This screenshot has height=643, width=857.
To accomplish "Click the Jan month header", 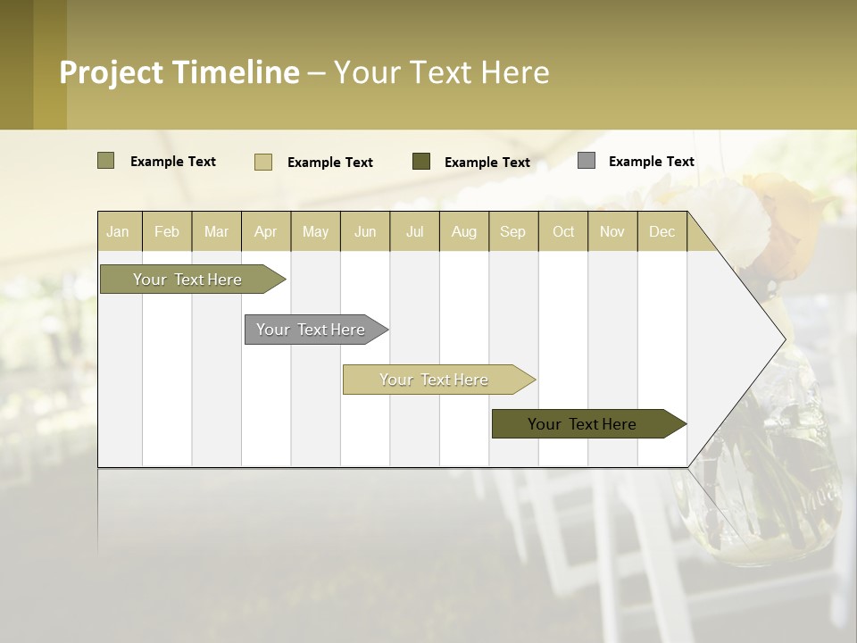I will point(118,231).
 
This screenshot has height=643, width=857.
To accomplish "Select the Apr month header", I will point(266,231).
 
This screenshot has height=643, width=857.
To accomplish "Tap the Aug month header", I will point(464,231).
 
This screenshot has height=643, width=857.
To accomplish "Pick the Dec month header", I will point(661,231).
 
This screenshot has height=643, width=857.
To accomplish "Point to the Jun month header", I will point(365,231).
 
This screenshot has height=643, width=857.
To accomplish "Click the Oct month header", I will point(563,231).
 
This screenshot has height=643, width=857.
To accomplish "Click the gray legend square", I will point(587,161).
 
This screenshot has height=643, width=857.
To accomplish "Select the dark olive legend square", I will point(421,162).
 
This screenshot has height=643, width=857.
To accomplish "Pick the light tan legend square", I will point(263,162).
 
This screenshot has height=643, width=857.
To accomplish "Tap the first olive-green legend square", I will point(106,161).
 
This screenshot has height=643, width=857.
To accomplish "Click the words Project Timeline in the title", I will point(179,72).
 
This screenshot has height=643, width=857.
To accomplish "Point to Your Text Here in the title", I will point(441,72).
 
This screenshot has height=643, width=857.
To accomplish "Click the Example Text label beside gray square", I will point(651,162).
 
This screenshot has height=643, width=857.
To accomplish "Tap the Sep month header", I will point(512,231).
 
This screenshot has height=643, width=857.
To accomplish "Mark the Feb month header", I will point(167,231).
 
